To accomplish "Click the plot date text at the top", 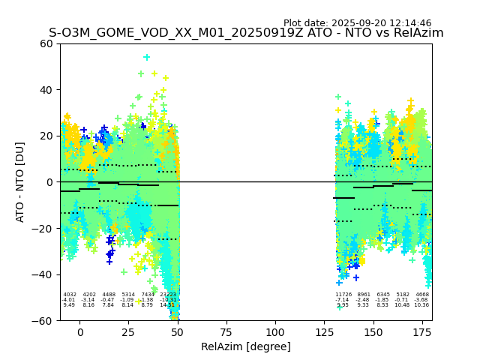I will coord(357,23).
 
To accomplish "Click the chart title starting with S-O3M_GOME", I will coord(246,33).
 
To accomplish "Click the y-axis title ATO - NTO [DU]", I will coord(20,182).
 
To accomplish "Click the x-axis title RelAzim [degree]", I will coord(246,347).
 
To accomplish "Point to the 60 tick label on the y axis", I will coord(46,43).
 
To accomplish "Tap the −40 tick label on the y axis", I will coord(43,274).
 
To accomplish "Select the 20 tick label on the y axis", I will coord(46,136).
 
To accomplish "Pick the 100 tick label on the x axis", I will coord(275,332).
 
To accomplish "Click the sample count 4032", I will coord(70,295).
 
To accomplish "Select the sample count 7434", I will coord(148,295).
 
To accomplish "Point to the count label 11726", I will coord(343,295).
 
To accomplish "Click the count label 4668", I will coord(422,295).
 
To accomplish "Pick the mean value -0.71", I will coord(403,300).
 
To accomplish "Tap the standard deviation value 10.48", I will coord(403,305).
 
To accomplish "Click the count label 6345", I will coord(383,295).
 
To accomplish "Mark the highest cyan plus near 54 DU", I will coord(147,57).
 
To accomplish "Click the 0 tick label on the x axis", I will coord(80,332).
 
